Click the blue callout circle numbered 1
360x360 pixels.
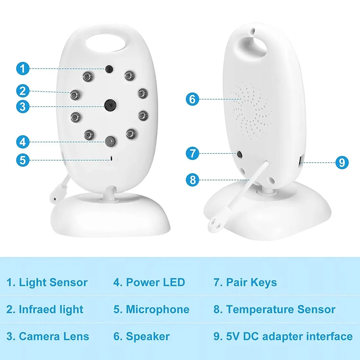pos(23,68)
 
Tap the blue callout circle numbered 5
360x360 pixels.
pos(23,160)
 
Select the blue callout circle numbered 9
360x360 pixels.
pos(342,163)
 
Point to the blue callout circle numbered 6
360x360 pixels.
pos(192,99)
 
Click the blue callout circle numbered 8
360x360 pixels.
pos(192,180)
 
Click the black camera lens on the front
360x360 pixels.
pos(110,105)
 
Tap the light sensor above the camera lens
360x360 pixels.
pos(109,69)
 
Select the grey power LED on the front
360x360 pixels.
pos(110,141)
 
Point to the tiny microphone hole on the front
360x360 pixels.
pos(112,158)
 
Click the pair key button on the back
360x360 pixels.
pos(240,154)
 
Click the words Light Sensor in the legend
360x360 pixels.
pos(53,282)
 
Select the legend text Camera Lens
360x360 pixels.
pos(54,336)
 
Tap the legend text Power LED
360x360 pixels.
pos(155,282)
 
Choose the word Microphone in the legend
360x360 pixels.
pos(157,309)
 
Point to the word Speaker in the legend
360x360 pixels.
pos(148,336)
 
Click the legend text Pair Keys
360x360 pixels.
pos(251,282)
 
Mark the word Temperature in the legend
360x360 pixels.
pos(260,310)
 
